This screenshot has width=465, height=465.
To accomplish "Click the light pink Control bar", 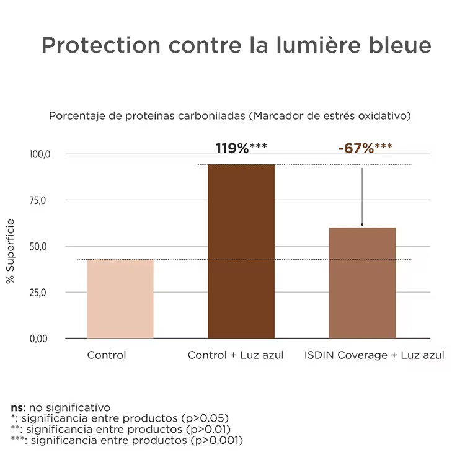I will pyautogui.click(x=120, y=299).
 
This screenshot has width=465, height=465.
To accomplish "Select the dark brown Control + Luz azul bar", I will pyautogui.click(x=241, y=251).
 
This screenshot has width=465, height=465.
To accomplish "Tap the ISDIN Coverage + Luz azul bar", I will pyautogui.click(x=362, y=283).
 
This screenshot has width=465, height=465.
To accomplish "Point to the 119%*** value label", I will pyautogui.click(x=241, y=148).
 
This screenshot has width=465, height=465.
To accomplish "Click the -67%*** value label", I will pyautogui.click(x=365, y=148).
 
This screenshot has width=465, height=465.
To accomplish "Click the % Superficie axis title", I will pyautogui.click(x=11, y=251).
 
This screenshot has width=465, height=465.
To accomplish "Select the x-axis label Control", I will pyautogui.click(x=107, y=356).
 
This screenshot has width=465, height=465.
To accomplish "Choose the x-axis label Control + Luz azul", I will pyautogui.click(x=236, y=356).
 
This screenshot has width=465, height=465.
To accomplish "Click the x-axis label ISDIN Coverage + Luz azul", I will pyautogui.click(x=374, y=356).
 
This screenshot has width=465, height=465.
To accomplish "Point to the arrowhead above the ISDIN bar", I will pyautogui.click(x=362, y=224).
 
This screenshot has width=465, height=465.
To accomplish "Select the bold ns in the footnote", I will pyautogui.click(x=17, y=408).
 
